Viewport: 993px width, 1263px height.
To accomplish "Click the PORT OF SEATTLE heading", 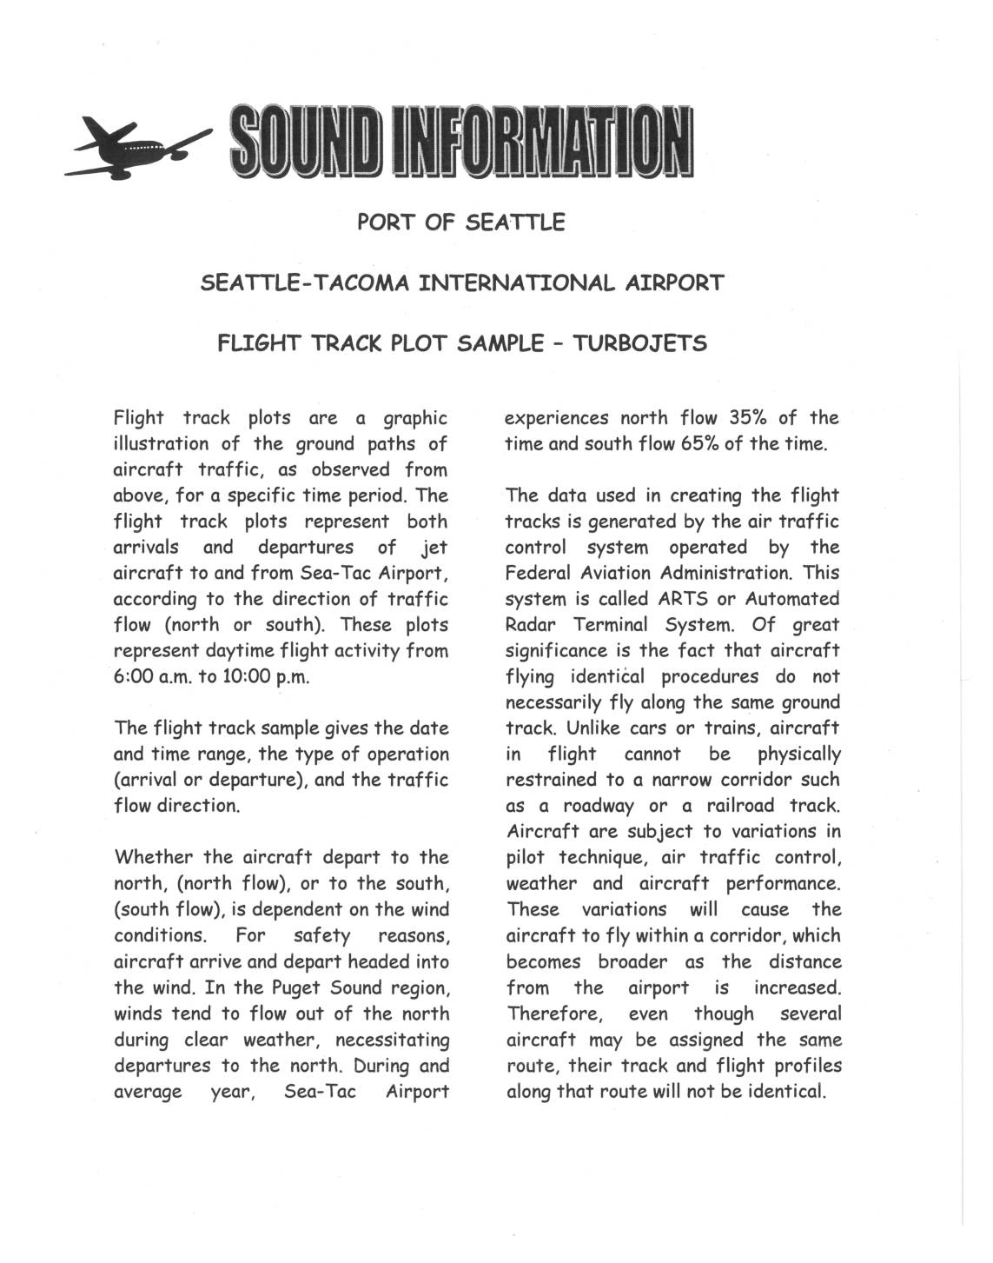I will pos(460,223).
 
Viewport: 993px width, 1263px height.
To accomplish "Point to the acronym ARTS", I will pos(683,599).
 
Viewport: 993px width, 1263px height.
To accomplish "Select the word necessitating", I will pos(392,1040).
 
